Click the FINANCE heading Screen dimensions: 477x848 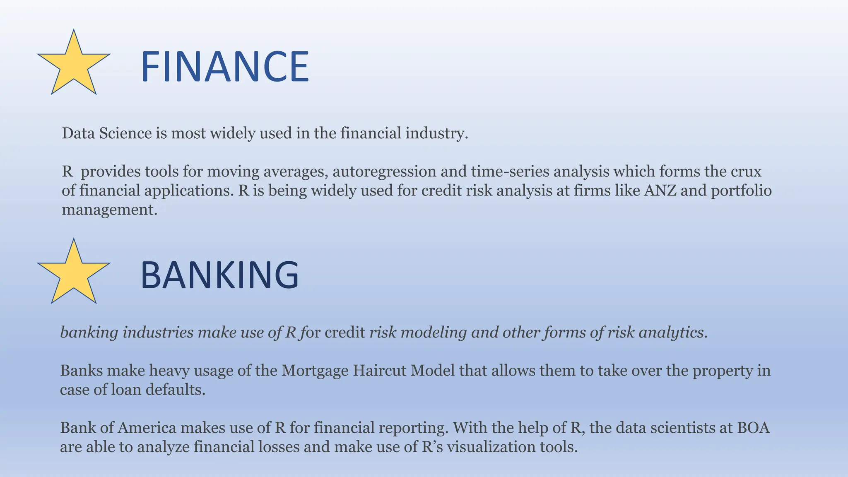224,67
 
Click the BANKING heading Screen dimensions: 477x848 219,275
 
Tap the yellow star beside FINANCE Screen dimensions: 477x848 74,64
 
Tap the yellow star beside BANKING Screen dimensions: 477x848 74,273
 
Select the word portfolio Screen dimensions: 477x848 741,190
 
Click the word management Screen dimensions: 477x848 109,210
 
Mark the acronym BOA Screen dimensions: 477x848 753,427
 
